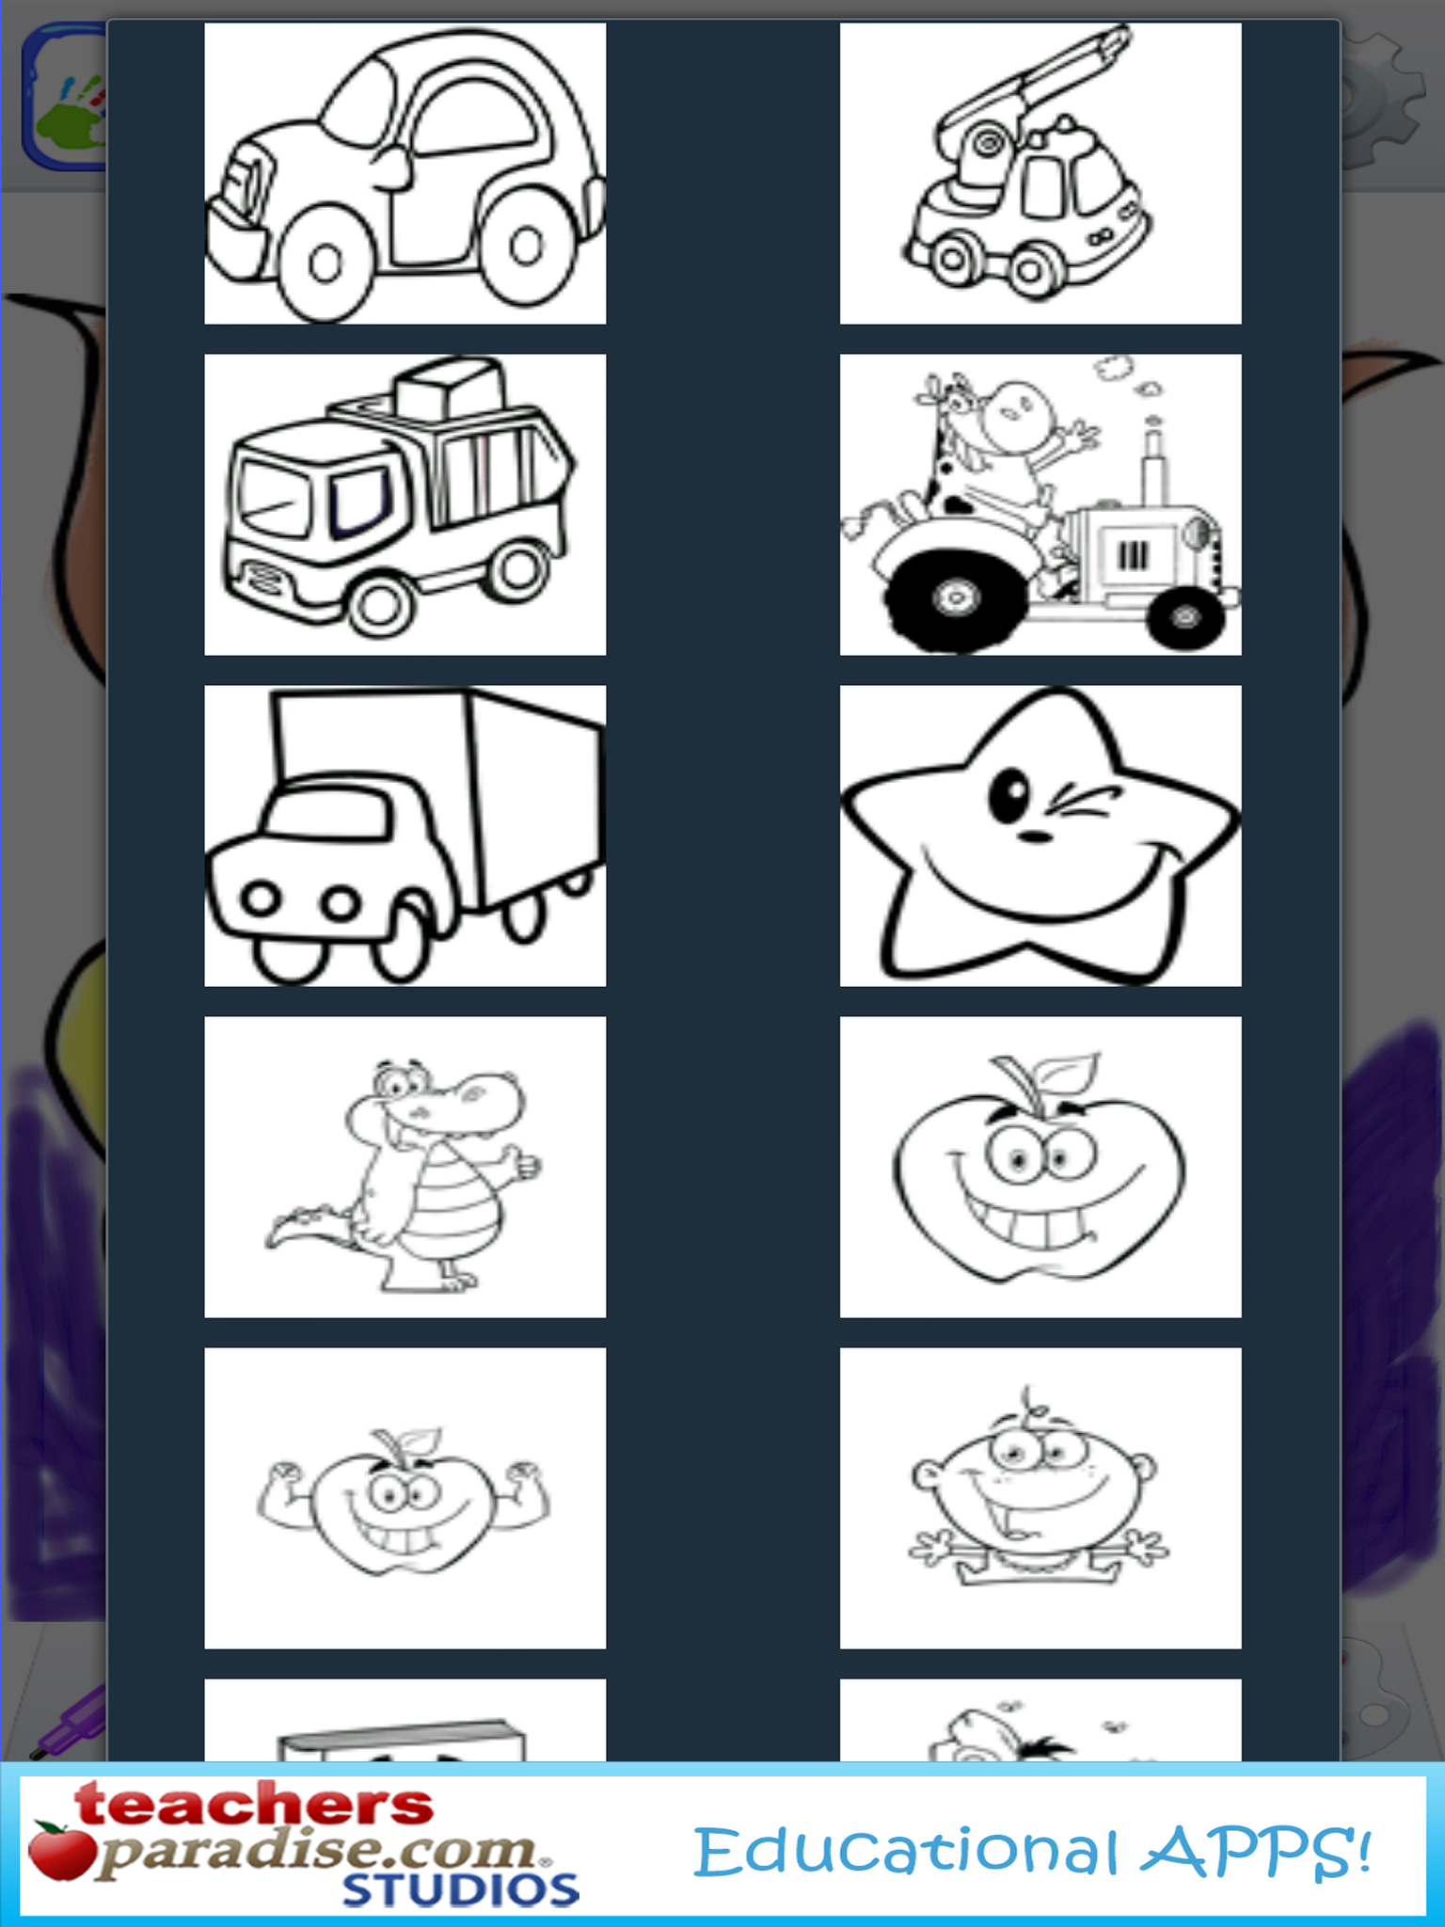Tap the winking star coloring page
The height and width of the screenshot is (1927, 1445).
click(1040, 836)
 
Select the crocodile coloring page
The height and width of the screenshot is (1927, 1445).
click(405, 1167)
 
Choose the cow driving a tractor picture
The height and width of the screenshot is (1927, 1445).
click(1040, 504)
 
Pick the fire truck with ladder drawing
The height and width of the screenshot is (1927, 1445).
click(1040, 173)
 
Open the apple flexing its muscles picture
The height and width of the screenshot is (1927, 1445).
click(405, 1498)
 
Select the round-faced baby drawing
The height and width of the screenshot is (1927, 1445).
click(1040, 1498)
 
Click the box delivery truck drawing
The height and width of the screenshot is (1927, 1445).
click(405, 836)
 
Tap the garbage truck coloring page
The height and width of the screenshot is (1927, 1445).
click(405, 504)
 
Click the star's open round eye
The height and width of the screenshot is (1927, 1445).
click(1009, 797)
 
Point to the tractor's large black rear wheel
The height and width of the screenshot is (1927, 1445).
click(954, 597)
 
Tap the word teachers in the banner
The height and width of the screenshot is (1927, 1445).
click(254, 1805)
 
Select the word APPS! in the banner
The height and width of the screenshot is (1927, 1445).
click(1256, 1852)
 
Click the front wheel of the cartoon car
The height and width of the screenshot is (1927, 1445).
click(324, 263)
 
